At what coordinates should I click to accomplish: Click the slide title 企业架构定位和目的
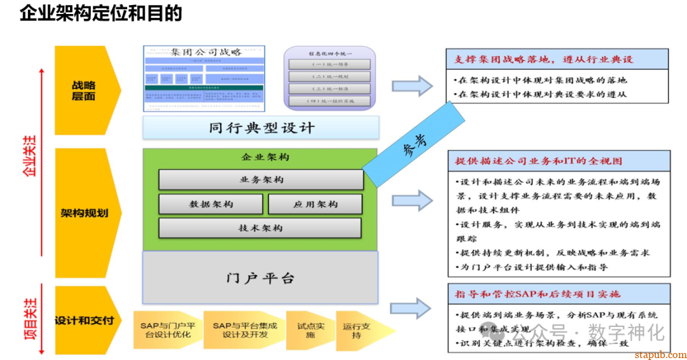click(x=101, y=14)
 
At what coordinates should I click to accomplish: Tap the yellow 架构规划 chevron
click(x=85, y=213)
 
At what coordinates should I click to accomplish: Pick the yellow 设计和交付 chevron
click(x=85, y=320)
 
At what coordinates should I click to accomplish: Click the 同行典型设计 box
click(x=261, y=128)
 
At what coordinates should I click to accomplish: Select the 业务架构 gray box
click(x=261, y=180)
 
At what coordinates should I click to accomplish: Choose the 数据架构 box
click(x=211, y=204)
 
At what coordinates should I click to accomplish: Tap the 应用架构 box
click(x=315, y=204)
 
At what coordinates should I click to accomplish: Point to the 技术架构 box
click(x=260, y=228)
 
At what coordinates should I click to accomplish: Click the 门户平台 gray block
click(x=260, y=278)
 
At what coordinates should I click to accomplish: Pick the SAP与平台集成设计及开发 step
click(x=245, y=330)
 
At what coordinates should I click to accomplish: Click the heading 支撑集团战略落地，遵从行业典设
click(x=544, y=59)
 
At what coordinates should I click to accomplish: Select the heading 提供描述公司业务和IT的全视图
click(x=539, y=162)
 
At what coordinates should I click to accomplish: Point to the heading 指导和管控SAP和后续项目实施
click(x=538, y=294)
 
